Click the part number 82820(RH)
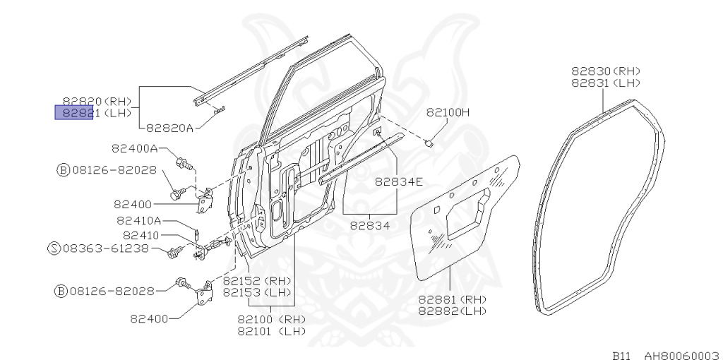[97, 101]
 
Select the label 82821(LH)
[97, 112]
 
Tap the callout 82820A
[170, 128]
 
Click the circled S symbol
[54, 248]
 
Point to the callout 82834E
[398, 181]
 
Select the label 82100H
[448, 112]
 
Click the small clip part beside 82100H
[429, 143]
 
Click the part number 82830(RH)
[605, 71]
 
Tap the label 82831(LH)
[605, 82]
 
